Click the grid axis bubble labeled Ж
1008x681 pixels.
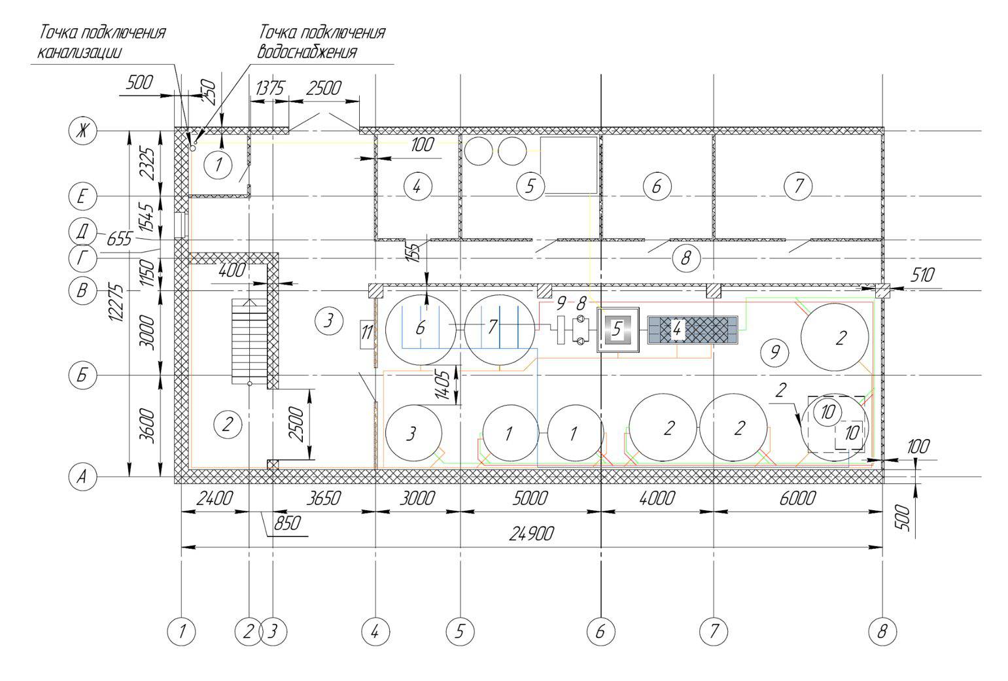point(82,131)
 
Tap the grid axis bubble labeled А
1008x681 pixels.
point(82,476)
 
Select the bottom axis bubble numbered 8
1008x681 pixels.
point(882,631)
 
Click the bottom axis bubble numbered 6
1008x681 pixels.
point(601,631)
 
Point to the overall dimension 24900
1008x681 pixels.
point(531,534)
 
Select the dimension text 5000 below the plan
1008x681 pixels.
point(530,498)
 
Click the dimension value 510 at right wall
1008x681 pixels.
point(922,275)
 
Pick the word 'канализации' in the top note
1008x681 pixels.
point(79,52)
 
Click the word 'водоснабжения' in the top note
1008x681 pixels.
point(307,52)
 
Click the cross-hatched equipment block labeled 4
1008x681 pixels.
point(693,330)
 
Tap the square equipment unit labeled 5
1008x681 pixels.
point(618,330)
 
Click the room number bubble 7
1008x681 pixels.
point(798,185)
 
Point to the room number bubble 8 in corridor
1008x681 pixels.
point(686,258)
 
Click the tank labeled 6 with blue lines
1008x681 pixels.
point(421,330)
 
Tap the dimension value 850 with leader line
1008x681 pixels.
point(287,523)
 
